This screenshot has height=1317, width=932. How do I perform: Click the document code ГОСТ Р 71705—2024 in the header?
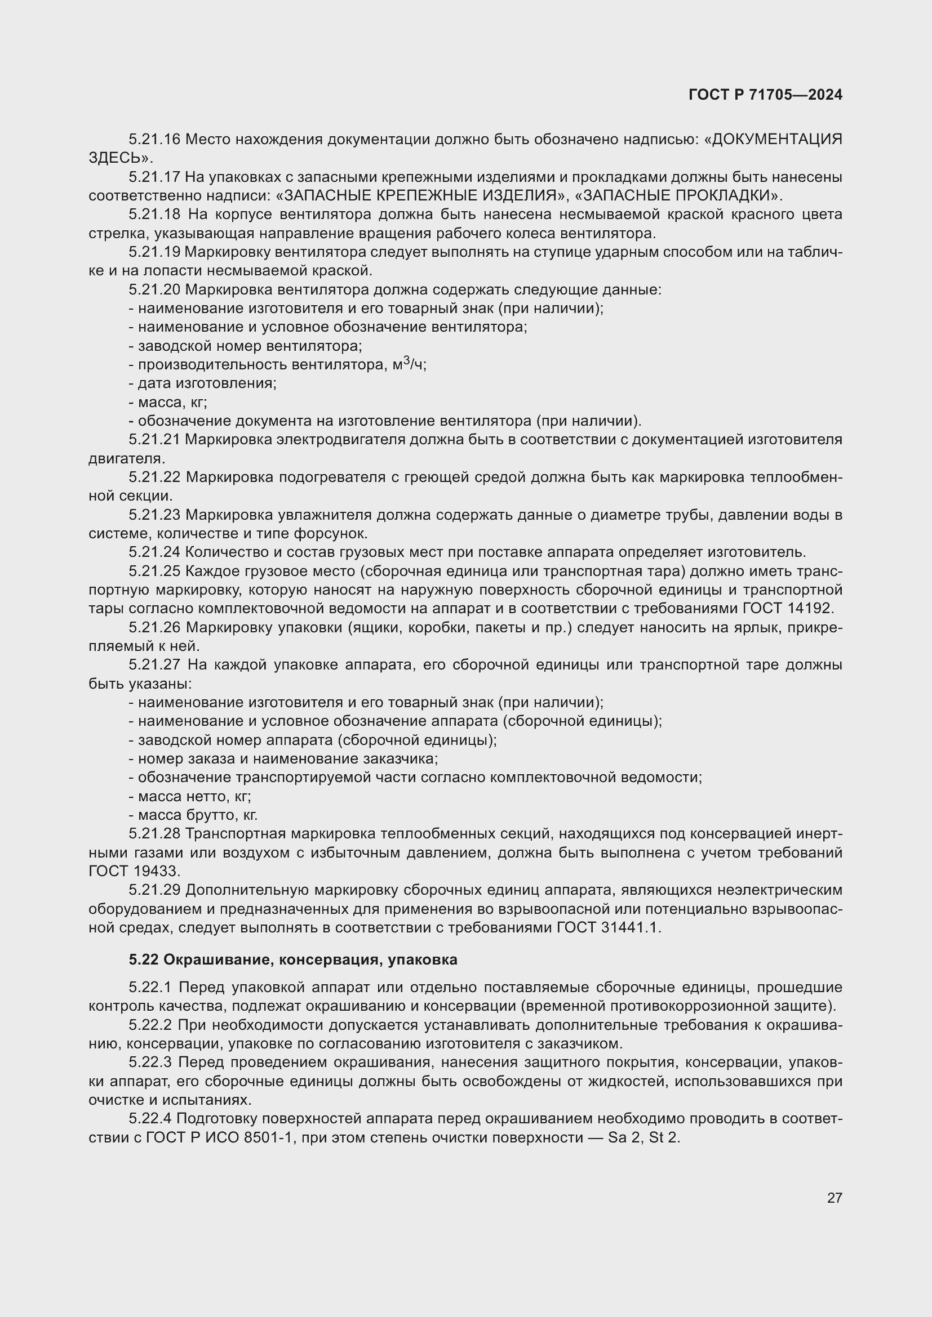click(765, 95)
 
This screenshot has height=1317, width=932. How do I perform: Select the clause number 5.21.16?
click(154, 140)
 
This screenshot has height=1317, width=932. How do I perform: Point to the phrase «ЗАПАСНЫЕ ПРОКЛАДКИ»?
click(678, 195)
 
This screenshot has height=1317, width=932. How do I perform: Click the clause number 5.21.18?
click(154, 215)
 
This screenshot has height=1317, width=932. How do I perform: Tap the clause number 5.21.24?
click(154, 552)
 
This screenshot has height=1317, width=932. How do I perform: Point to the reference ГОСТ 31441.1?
click(609, 927)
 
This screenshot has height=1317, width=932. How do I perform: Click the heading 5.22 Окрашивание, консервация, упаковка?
click(292, 960)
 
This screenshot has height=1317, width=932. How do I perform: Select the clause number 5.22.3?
click(150, 1062)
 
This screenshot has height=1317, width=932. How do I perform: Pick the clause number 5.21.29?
click(154, 890)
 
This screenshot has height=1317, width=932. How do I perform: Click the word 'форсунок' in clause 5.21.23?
click(330, 533)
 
